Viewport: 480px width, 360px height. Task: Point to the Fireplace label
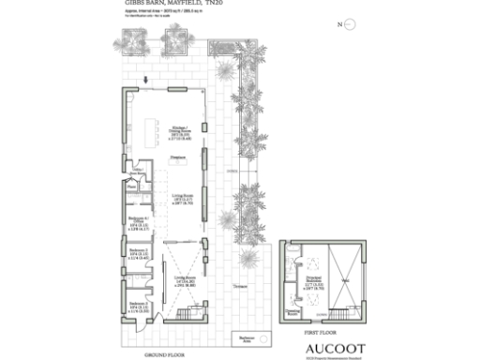[177, 157]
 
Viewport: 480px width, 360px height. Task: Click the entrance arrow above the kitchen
[147, 82]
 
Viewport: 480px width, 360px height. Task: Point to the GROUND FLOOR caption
[161, 354]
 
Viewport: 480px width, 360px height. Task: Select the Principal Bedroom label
[315, 283]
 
